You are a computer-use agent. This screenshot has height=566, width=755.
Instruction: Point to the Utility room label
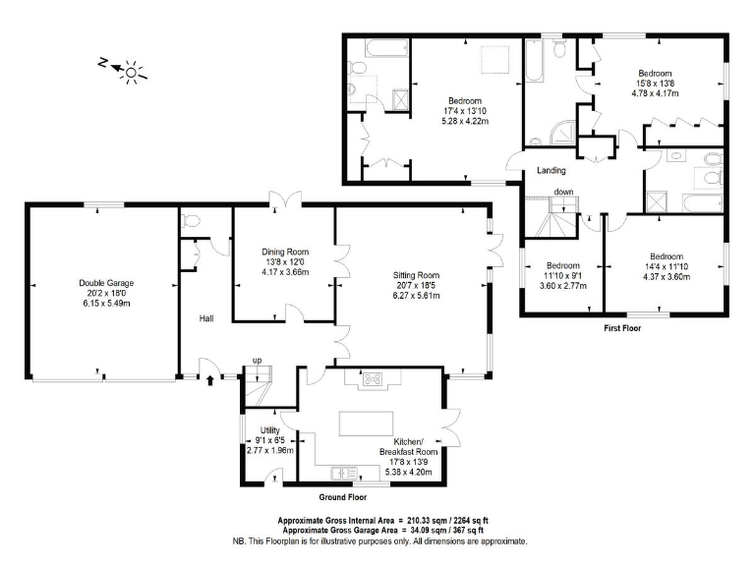click(x=270, y=430)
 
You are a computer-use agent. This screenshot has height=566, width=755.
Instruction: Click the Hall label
click(x=207, y=318)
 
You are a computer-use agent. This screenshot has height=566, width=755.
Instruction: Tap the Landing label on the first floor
click(x=552, y=171)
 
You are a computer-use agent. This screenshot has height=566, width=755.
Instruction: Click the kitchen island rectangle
click(x=367, y=423)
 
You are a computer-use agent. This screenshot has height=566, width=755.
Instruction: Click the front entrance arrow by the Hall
click(x=209, y=376)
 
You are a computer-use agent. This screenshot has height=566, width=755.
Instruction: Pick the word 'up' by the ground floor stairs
click(x=258, y=361)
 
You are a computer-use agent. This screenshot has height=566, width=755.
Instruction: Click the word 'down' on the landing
click(x=563, y=192)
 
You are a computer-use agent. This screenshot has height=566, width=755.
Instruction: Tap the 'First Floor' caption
click(x=621, y=328)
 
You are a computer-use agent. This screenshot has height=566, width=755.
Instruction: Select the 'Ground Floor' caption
click(x=343, y=498)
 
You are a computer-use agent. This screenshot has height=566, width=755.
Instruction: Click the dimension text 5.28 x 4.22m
click(x=464, y=121)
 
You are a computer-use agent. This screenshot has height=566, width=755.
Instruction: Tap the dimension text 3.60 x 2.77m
click(x=562, y=286)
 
